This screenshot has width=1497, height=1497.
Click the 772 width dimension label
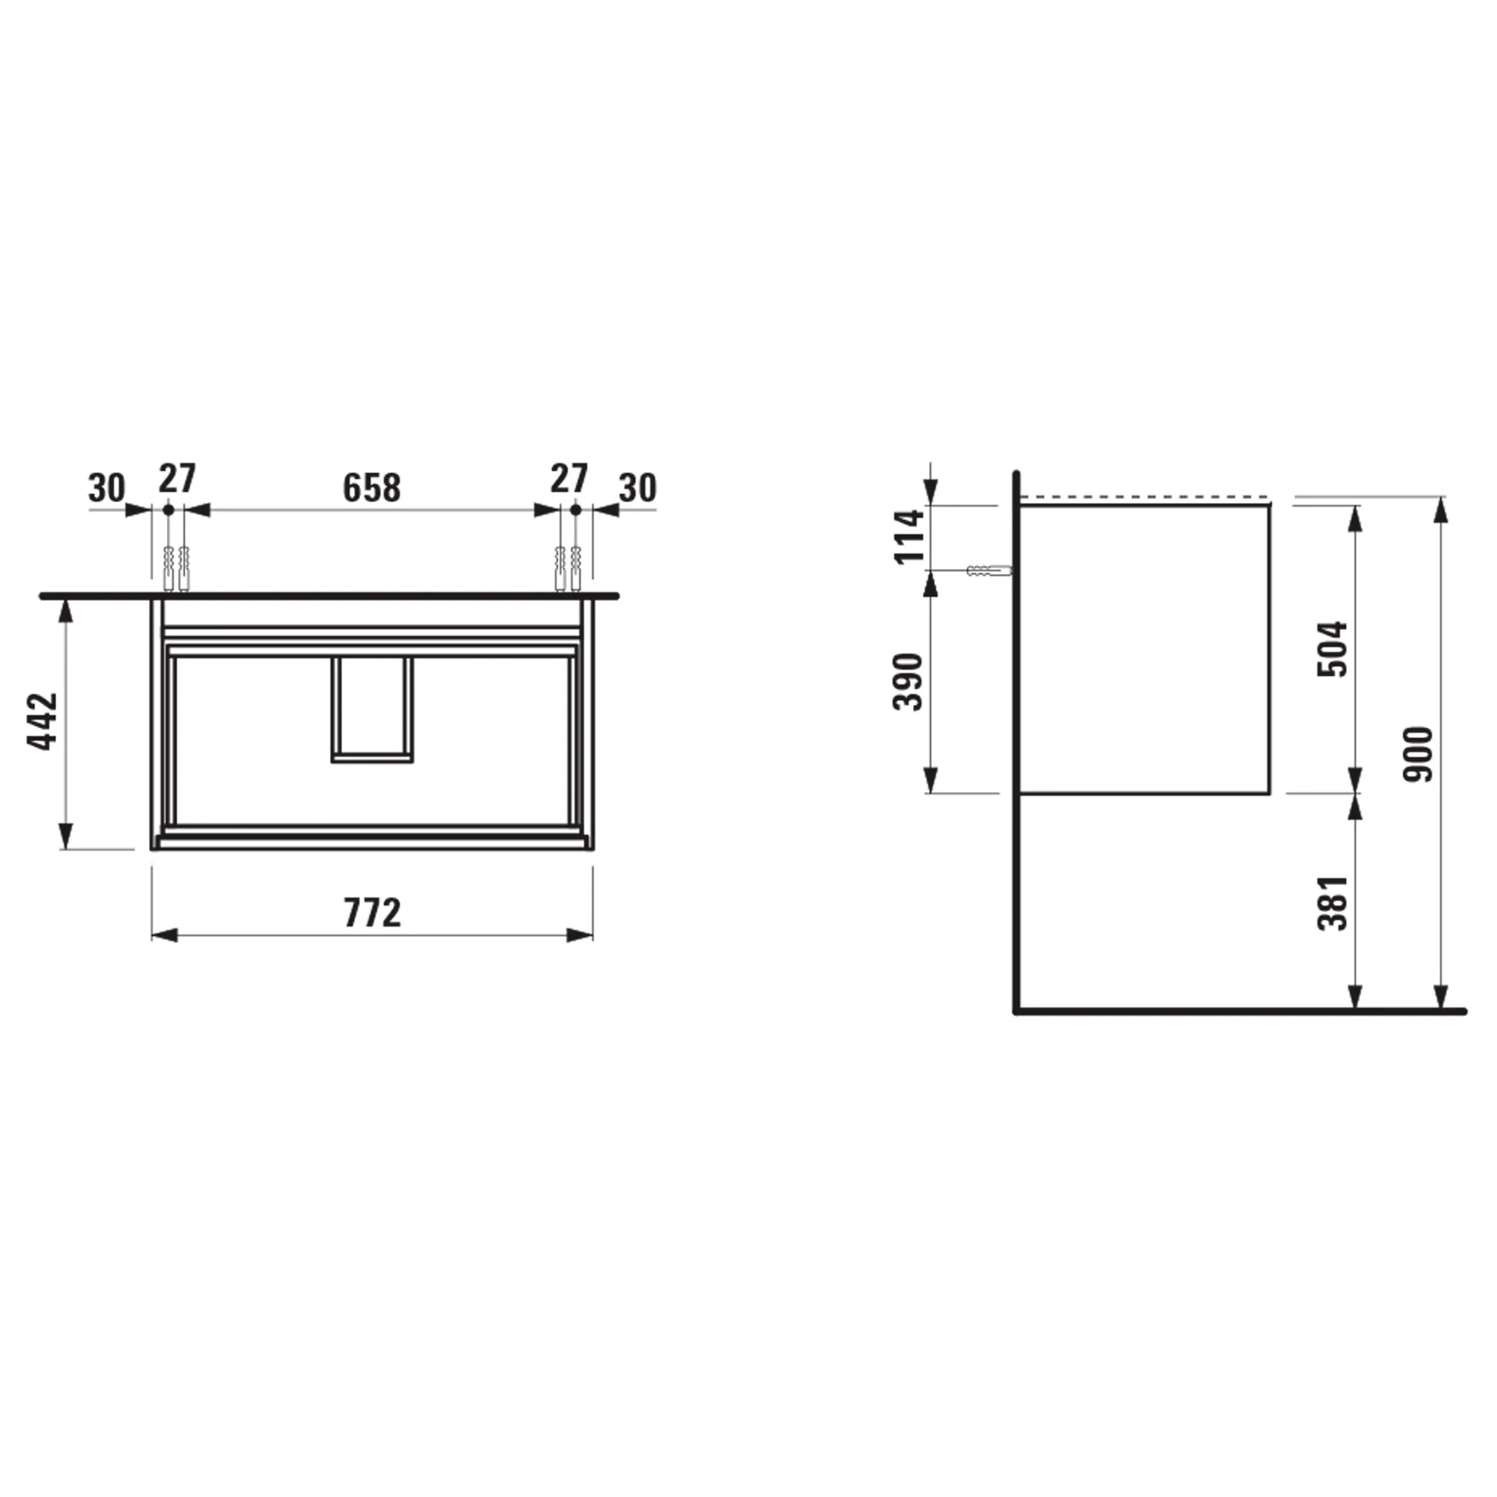373,913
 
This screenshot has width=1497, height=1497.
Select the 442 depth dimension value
44,721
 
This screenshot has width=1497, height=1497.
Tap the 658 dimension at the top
372,488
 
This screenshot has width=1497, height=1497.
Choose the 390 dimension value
908,682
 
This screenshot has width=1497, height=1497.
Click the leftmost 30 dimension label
107,489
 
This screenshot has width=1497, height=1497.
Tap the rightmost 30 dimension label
638,489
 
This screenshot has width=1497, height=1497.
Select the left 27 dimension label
178,479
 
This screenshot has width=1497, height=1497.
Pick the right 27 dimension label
568,479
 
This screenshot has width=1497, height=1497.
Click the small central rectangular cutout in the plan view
372,708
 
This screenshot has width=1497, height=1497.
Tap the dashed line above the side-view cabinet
1145,497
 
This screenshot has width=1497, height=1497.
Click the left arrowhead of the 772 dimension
163,936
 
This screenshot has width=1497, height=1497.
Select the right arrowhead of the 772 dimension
580,936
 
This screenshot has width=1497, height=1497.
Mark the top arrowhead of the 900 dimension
1441,508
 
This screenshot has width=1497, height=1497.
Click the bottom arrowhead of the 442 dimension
66,836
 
